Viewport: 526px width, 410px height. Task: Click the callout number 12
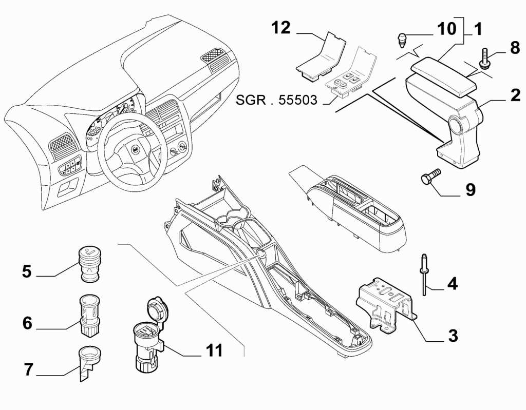click(281, 28)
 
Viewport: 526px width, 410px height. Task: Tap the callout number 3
click(452, 336)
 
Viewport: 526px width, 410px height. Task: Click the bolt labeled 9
click(428, 178)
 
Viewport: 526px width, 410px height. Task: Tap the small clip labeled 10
click(404, 38)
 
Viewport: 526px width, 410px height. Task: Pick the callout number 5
click(27, 271)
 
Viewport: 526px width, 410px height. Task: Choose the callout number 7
click(28, 369)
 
